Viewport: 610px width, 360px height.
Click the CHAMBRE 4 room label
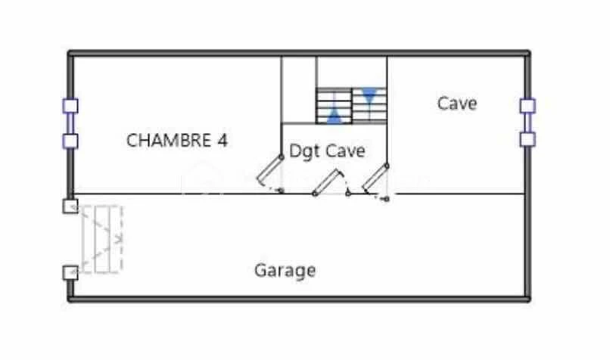(x=177, y=141)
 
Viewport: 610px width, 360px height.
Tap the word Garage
(x=285, y=271)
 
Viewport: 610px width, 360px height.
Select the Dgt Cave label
(x=327, y=151)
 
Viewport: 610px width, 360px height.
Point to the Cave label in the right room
(x=457, y=104)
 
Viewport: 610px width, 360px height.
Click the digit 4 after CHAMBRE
(x=223, y=141)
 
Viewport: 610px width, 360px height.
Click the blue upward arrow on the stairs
(x=335, y=116)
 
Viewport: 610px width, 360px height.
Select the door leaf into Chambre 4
(x=269, y=170)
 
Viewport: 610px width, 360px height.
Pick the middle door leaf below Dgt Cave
(x=325, y=182)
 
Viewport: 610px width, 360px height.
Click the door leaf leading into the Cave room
(x=376, y=178)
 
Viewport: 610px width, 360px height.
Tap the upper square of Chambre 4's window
(x=70, y=106)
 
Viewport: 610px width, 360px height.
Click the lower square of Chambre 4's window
(x=70, y=141)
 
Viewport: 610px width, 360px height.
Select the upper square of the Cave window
(x=528, y=106)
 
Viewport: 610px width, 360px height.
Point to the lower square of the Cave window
(x=528, y=139)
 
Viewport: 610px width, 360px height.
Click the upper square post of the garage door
(x=70, y=206)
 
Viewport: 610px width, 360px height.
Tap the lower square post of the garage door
(x=70, y=272)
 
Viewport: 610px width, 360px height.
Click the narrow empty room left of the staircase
(x=299, y=89)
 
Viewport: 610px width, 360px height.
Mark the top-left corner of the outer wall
(x=69, y=52)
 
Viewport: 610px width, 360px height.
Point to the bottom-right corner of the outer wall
(x=529, y=300)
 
